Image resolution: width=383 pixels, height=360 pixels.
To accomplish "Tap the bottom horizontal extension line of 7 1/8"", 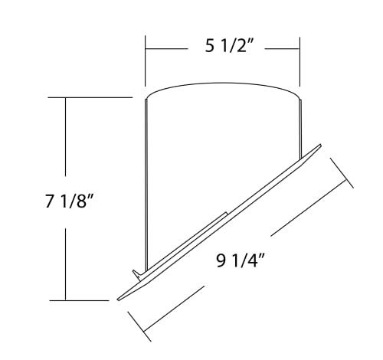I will click(84, 299).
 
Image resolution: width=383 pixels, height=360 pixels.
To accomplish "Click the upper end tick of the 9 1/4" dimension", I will click(342, 172).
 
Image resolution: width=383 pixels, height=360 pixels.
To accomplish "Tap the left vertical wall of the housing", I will click(146, 184).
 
